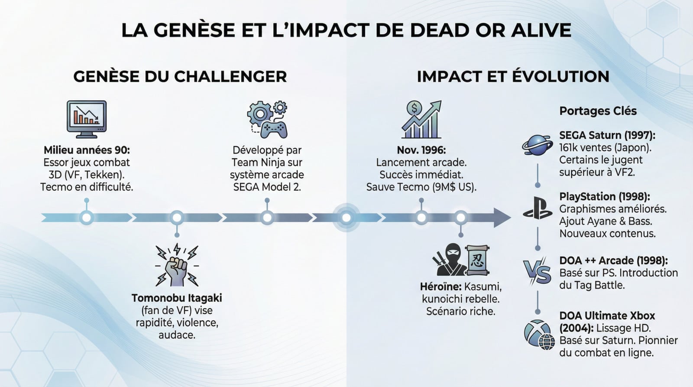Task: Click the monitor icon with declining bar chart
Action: point(87,119)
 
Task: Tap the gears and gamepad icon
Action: point(267,120)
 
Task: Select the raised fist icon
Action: point(177,266)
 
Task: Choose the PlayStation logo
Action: point(537,208)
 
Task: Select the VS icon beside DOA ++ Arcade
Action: point(537,272)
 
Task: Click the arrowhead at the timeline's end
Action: point(502,218)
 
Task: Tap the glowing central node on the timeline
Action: point(346,218)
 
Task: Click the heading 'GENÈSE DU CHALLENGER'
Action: point(180,76)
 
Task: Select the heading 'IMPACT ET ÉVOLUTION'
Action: point(513,76)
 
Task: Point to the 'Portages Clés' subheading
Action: point(598,111)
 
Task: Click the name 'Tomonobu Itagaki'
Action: point(177,298)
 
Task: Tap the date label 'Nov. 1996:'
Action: point(421,150)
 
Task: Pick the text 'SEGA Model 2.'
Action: point(267,187)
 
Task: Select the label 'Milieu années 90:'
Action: point(87,150)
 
